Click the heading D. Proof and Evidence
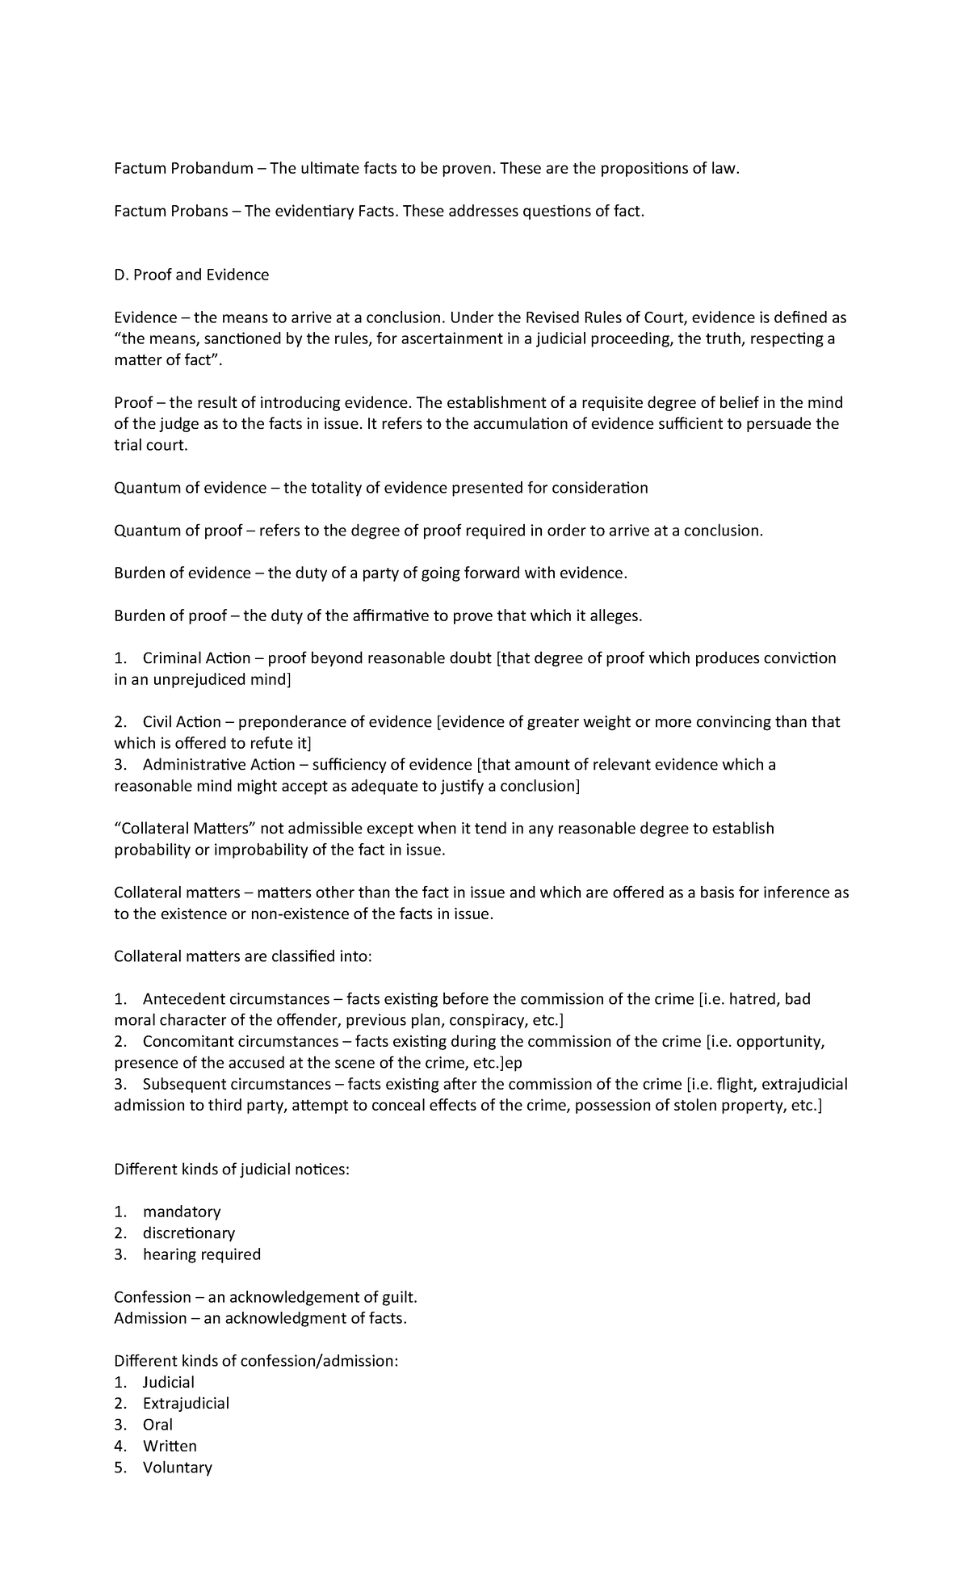pyautogui.click(x=191, y=275)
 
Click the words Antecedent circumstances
pyautogui.click(x=236, y=999)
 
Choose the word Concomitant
pyautogui.click(x=188, y=1042)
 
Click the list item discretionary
pyautogui.click(x=189, y=1233)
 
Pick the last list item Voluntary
pyautogui.click(x=177, y=1468)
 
